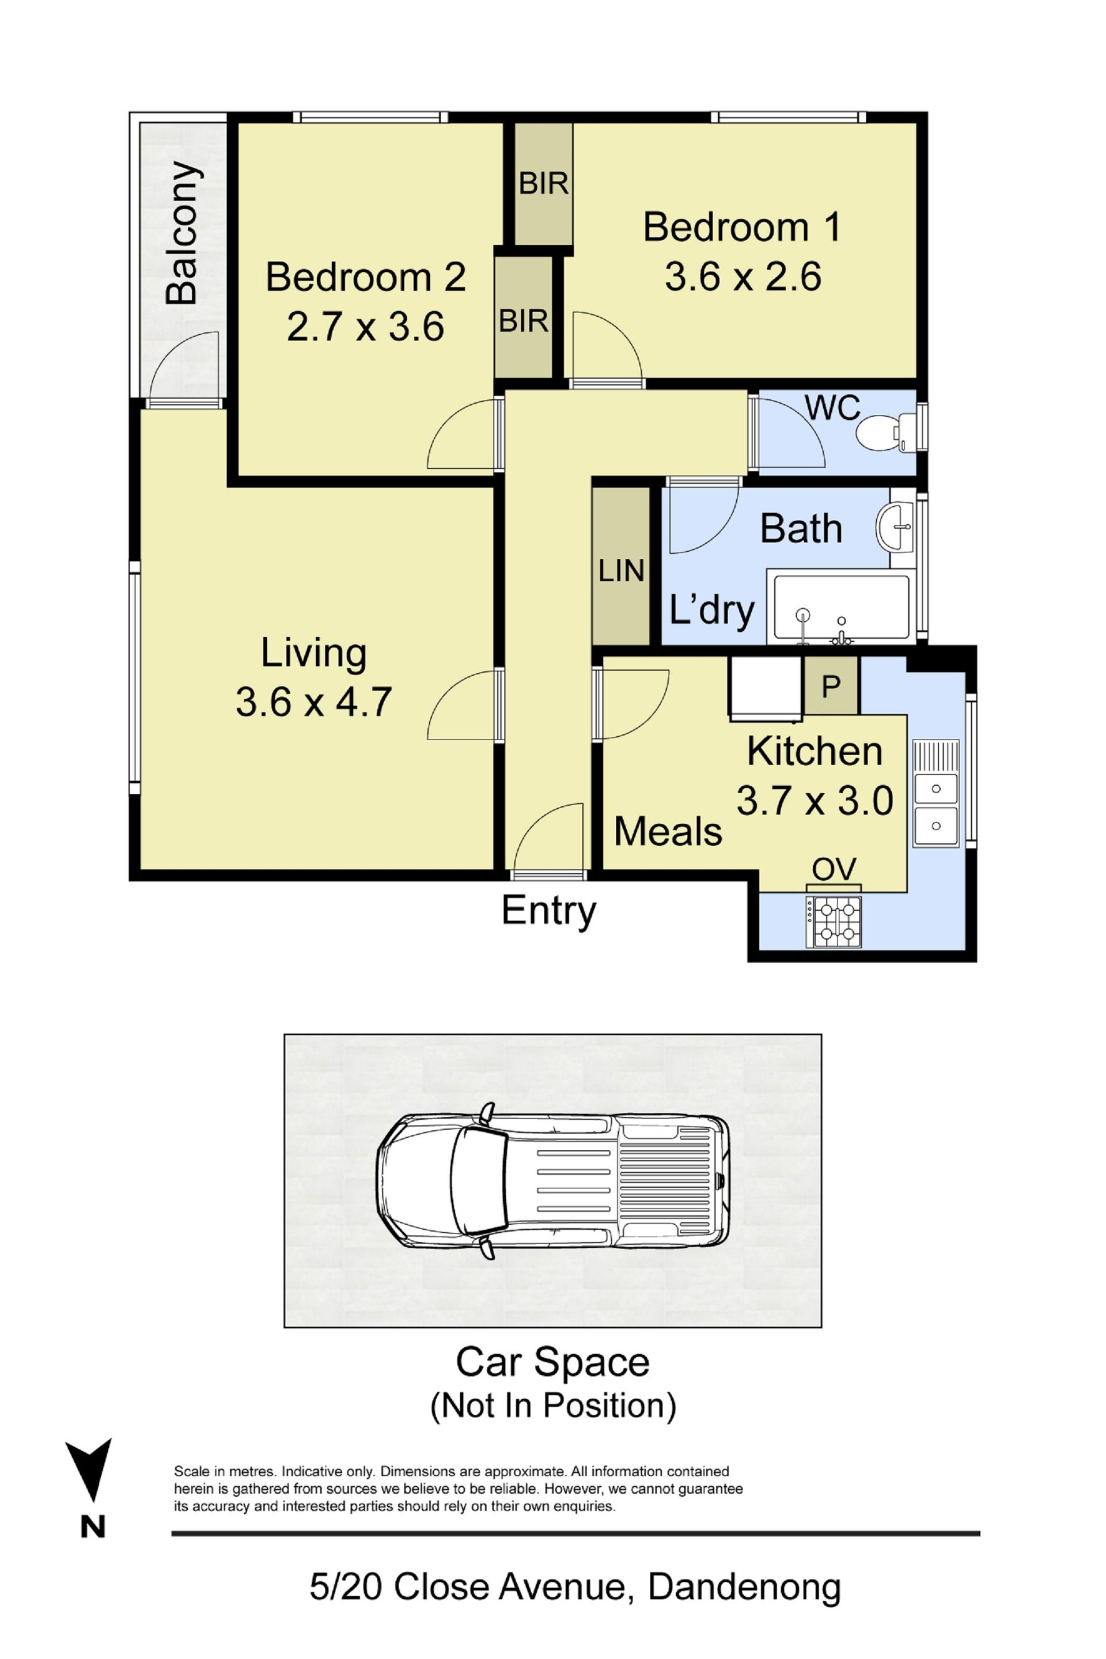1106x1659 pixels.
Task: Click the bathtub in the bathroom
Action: coord(842,609)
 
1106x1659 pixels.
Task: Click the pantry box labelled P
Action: coord(832,685)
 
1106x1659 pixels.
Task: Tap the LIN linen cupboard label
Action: coord(622,571)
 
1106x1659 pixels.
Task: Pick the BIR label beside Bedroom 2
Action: coord(524,321)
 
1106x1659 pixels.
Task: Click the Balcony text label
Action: coord(181,233)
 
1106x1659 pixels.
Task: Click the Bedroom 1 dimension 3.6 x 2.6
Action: coord(743,276)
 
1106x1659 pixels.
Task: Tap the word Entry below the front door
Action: coord(549,911)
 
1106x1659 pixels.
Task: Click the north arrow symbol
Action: coord(89,1469)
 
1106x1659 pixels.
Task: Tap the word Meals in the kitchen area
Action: coord(668,832)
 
